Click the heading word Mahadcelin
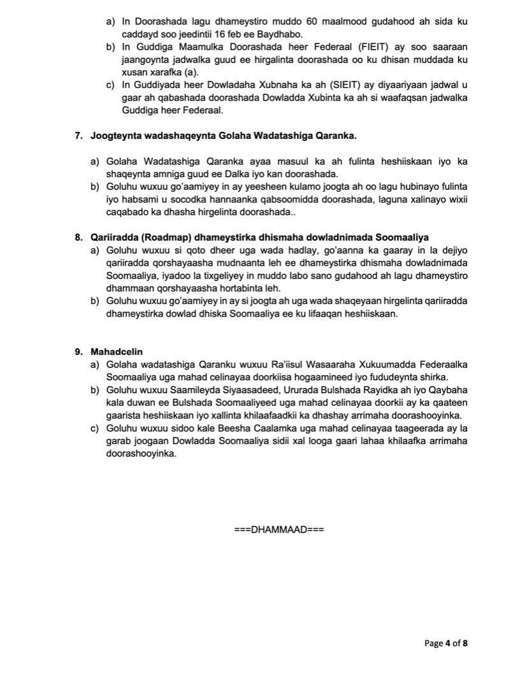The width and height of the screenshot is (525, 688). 117,351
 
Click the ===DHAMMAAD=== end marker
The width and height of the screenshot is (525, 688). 279,529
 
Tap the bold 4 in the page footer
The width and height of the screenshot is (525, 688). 448,643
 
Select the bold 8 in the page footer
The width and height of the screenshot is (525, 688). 465,643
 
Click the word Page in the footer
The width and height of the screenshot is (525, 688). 433,643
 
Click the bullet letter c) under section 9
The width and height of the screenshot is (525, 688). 96,427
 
